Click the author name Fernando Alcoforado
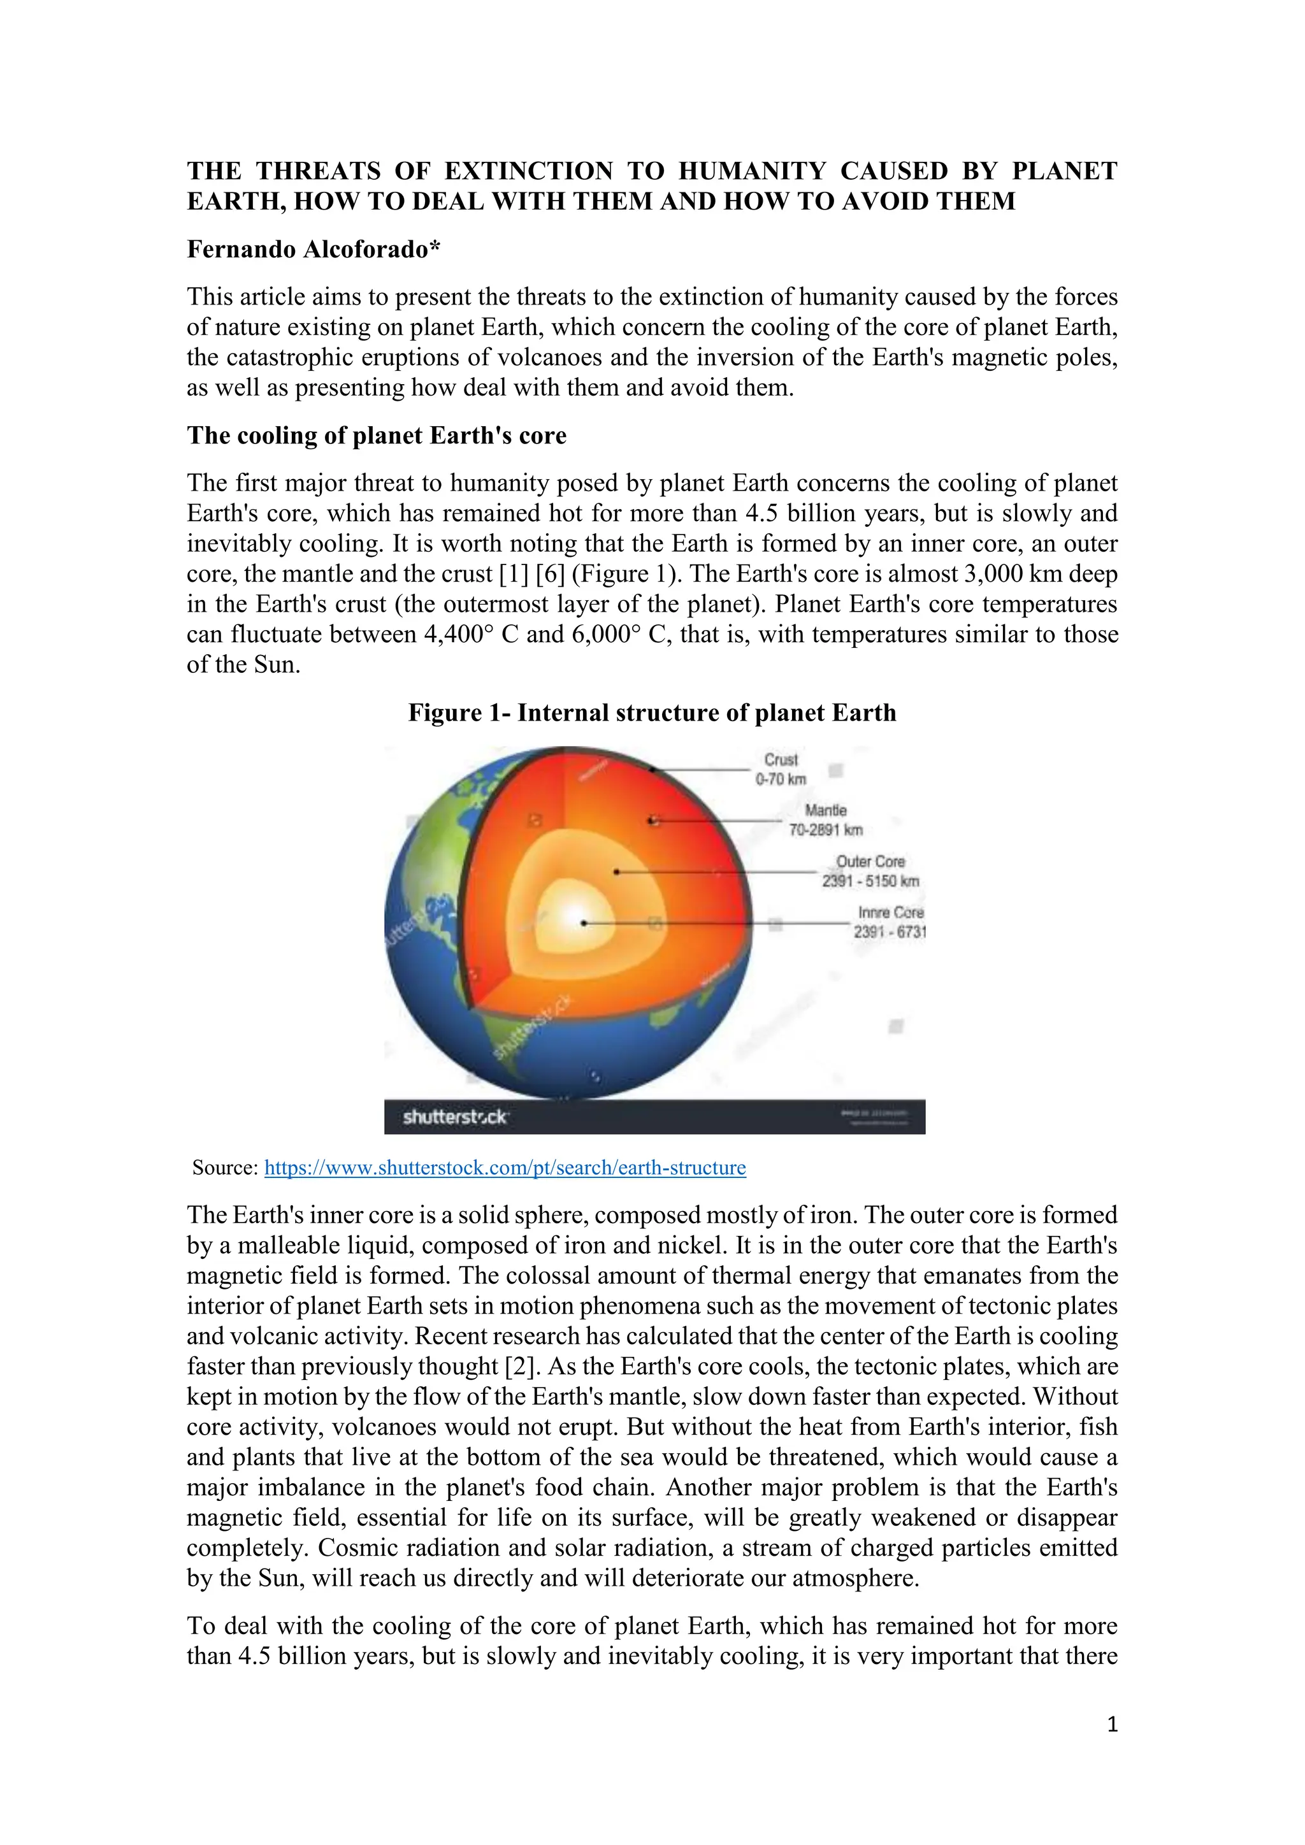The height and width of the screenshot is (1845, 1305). (x=314, y=250)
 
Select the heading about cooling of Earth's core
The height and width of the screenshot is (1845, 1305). (x=376, y=436)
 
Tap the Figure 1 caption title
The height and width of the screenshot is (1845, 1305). (x=652, y=713)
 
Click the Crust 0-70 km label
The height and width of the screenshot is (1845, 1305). (x=781, y=769)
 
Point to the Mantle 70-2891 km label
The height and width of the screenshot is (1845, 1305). (x=825, y=820)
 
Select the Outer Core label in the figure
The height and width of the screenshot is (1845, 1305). (x=870, y=871)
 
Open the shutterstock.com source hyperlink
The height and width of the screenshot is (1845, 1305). (x=505, y=1168)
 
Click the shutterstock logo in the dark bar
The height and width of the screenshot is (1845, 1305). (x=455, y=1117)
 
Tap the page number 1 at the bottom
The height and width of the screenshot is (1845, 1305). (x=1112, y=1725)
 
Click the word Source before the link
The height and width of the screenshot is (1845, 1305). (x=225, y=1168)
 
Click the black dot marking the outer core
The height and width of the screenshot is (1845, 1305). (x=616, y=871)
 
